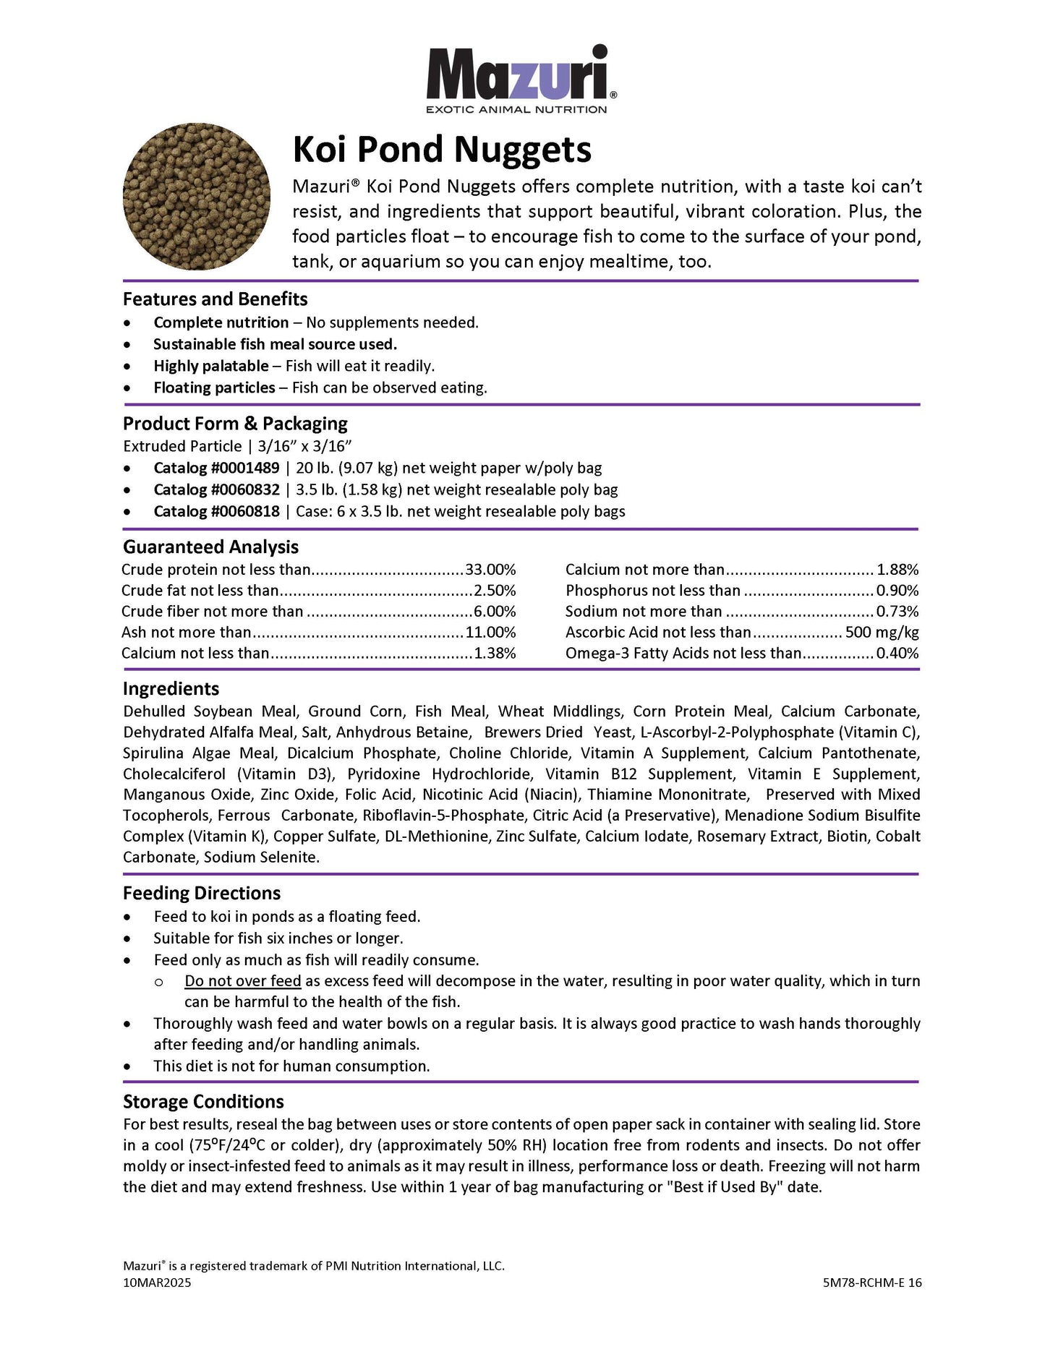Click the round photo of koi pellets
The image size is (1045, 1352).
click(197, 196)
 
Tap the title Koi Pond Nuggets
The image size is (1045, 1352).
click(442, 150)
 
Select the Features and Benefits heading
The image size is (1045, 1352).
click(215, 299)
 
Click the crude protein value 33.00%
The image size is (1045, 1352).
click(490, 570)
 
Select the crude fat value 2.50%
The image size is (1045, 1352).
click(495, 591)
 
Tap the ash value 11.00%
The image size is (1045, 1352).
click(490, 633)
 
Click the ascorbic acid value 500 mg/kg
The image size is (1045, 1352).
click(882, 633)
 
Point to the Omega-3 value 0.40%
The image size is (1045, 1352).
click(897, 654)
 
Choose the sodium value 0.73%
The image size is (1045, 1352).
click(897, 612)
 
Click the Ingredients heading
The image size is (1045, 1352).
click(171, 689)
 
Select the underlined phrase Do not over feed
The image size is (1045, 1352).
click(242, 981)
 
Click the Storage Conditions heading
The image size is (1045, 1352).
click(203, 1102)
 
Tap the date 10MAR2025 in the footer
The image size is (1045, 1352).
click(157, 1283)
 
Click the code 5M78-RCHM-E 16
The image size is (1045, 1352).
click(871, 1283)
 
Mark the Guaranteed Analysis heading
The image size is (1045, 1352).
click(210, 547)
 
